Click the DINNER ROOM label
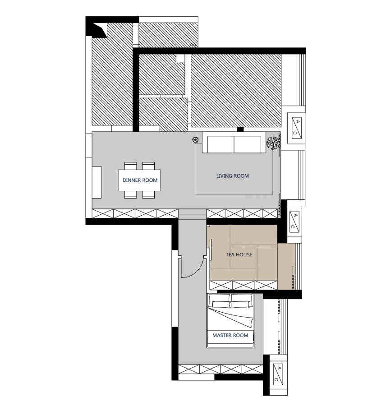[140, 180]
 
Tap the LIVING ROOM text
[232, 176]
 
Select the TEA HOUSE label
[239, 254]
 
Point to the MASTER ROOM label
[230, 335]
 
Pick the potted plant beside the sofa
[272, 143]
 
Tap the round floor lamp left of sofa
[196, 140]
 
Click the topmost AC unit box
[296, 128]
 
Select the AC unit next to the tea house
[294, 221]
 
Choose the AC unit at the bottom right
[278, 374]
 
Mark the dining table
[139, 180]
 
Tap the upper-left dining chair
[130, 166]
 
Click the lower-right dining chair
[148, 194]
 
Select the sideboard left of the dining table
[96, 182]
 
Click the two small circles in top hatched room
[193, 45]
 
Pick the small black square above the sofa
[240, 129]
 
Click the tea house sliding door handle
[211, 249]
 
